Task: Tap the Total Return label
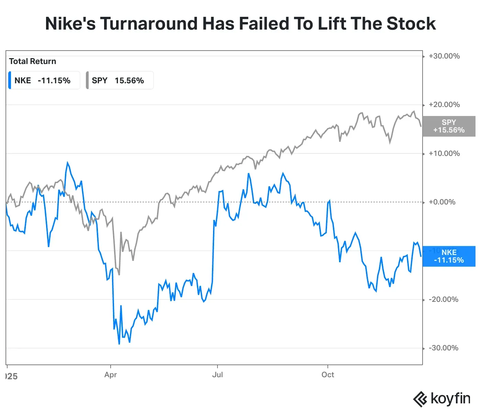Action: [x=33, y=61]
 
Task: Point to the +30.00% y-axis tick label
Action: [x=444, y=56]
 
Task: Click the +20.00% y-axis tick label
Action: [x=444, y=105]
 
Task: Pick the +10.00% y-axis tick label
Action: [x=444, y=153]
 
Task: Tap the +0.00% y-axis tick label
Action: [x=442, y=202]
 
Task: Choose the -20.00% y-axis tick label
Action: [x=444, y=299]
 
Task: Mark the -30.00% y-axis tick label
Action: [x=444, y=348]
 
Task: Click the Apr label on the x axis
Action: [x=111, y=375]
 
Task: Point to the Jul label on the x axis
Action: [x=217, y=375]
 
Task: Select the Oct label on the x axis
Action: [x=328, y=375]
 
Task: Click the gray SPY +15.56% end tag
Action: [x=449, y=126]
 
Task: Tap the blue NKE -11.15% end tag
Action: [x=449, y=256]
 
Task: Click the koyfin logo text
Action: [x=450, y=399]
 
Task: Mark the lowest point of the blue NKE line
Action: [x=119, y=344]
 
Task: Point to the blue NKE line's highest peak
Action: [x=67, y=162]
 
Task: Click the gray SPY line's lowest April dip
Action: [x=119, y=275]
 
